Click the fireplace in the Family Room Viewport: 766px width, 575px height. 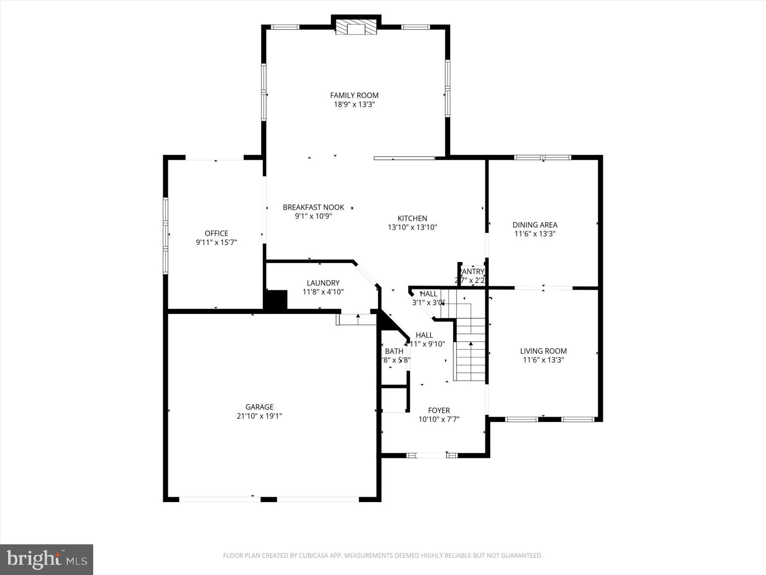(x=356, y=28)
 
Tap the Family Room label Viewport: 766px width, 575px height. (x=354, y=95)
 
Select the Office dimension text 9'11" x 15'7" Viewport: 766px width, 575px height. (x=216, y=242)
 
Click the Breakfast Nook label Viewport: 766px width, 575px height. (x=313, y=207)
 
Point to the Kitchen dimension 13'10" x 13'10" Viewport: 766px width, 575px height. (x=412, y=227)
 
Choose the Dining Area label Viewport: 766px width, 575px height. (x=534, y=225)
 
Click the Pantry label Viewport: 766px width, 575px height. (x=472, y=272)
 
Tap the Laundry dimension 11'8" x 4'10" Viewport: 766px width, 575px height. (x=323, y=292)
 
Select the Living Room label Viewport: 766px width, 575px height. (x=543, y=351)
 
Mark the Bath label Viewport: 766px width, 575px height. (x=394, y=351)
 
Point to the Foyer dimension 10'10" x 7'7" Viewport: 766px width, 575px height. (x=439, y=419)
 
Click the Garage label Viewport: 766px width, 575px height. (x=259, y=407)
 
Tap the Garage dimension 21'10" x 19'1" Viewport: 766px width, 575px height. (x=259, y=416)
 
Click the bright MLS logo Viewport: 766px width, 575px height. (x=46, y=559)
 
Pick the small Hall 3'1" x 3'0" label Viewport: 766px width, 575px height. (x=428, y=299)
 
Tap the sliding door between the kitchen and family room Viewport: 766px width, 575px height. (x=404, y=158)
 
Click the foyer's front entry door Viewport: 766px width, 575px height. (x=426, y=455)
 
